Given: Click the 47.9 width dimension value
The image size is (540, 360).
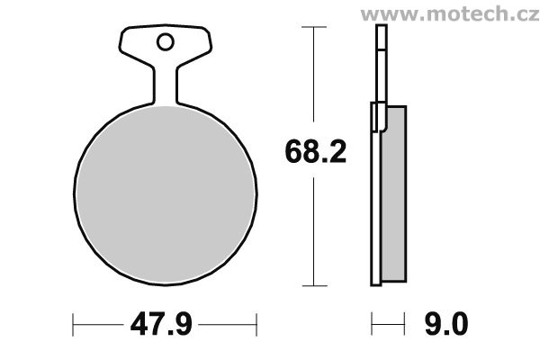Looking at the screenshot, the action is click(x=161, y=324).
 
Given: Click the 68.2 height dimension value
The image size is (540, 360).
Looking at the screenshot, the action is click(x=316, y=151).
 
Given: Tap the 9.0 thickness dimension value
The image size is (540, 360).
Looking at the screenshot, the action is click(x=446, y=324).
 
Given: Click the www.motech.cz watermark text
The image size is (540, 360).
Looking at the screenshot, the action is click(x=450, y=13).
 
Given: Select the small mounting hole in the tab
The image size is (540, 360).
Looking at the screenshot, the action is click(x=166, y=42).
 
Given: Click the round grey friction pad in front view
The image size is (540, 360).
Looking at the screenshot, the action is click(x=166, y=194).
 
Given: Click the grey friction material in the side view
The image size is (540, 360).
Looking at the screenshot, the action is click(x=395, y=193).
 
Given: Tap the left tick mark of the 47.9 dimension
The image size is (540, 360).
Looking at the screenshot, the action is click(x=73, y=325).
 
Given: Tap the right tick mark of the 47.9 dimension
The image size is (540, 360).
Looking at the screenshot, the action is click(x=256, y=325).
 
